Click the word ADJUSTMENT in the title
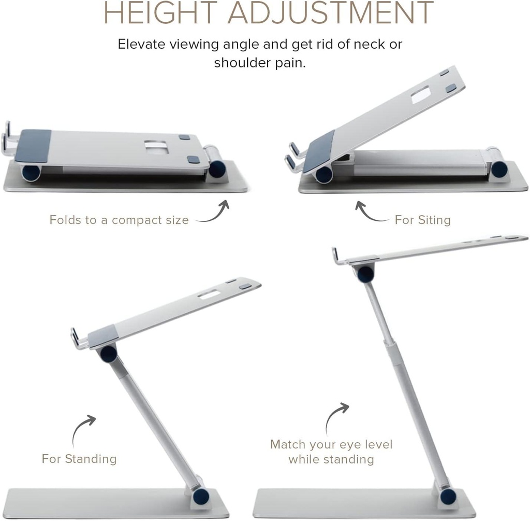point(331,12)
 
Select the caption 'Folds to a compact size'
point(119,220)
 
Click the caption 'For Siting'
point(422,220)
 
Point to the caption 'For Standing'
point(79,459)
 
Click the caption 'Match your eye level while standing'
point(331,452)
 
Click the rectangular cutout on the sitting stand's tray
point(420,95)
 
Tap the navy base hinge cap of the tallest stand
point(448,496)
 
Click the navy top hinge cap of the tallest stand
point(365,274)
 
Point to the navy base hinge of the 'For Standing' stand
point(201,496)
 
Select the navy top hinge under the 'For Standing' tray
point(109,354)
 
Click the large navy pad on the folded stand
point(33,146)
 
